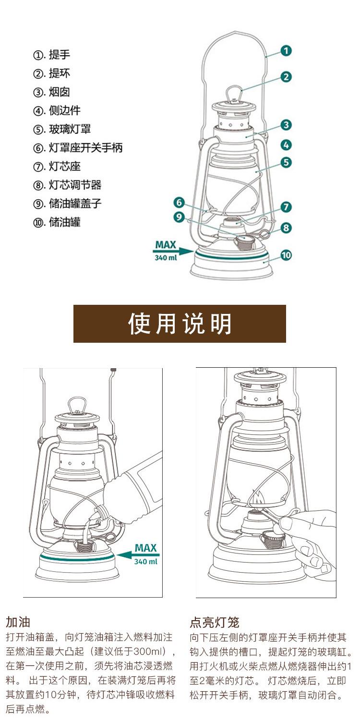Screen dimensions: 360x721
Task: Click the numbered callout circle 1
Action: (x=286, y=50)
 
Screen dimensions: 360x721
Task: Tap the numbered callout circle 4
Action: (x=286, y=145)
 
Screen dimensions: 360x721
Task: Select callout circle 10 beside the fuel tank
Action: (x=286, y=255)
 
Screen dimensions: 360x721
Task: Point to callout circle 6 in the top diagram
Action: (x=179, y=203)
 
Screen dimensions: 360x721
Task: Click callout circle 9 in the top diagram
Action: (x=179, y=216)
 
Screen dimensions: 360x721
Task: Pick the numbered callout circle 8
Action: (x=286, y=228)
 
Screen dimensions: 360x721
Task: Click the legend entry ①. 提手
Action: (x=51, y=55)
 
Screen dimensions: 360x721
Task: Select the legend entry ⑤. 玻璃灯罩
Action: (x=62, y=129)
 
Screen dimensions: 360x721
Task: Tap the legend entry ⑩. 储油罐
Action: (x=57, y=222)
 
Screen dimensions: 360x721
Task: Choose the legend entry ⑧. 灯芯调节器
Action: (x=67, y=185)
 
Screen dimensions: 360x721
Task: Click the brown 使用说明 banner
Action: (x=180, y=324)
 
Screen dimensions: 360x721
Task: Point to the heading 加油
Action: (x=18, y=622)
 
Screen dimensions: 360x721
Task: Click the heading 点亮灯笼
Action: (x=215, y=622)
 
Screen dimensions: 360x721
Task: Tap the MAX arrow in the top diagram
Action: (x=173, y=251)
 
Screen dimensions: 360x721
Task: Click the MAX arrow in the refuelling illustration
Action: (x=138, y=554)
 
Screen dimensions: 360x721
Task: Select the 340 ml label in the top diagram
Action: (x=166, y=258)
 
